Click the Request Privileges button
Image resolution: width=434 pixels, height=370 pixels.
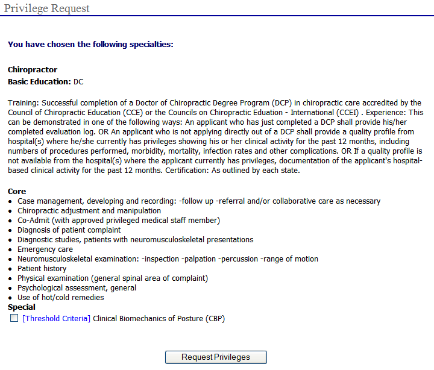(x=216, y=357)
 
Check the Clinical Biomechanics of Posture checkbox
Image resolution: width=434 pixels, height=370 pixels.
(x=14, y=318)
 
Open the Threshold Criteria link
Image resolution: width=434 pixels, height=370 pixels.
(x=56, y=319)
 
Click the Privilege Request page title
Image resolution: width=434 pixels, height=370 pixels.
(x=47, y=8)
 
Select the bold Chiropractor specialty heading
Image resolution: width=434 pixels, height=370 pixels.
(x=33, y=70)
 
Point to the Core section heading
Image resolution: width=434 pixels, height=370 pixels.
(x=17, y=192)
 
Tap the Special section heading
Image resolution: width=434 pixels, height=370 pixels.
(x=22, y=307)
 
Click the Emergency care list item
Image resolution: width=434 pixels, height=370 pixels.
(x=45, y=249)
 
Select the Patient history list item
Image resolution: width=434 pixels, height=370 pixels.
(x=42, y=269)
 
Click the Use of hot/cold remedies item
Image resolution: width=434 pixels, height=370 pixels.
(x=61, y=298)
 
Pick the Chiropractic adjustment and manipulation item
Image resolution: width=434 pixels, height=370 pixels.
(x=89, y=211)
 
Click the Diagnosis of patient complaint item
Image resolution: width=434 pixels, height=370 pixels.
(x=69, y=230)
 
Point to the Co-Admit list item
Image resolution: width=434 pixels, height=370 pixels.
(x=119, y=221)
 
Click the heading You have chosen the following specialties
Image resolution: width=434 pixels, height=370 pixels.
(x=90, y=44)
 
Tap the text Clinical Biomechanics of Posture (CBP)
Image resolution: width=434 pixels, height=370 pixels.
(x=159, y=319)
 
